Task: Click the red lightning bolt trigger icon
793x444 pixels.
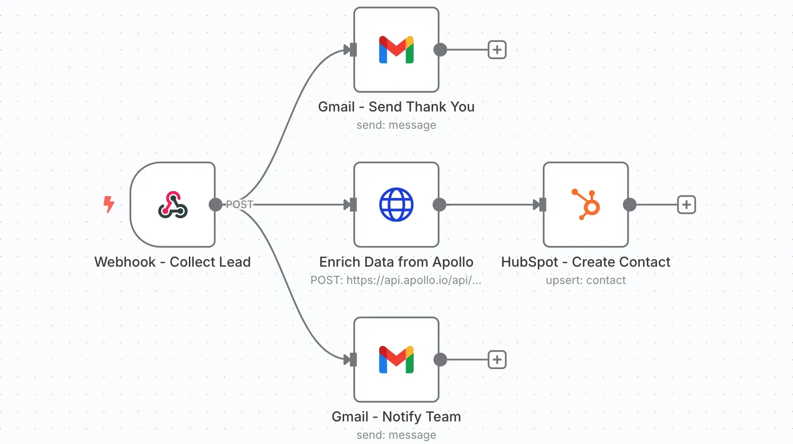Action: (109, 204)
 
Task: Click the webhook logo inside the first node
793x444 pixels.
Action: (173, 205)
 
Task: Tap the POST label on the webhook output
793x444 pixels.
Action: (239, 205)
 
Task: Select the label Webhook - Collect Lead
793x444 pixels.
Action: (173, 262)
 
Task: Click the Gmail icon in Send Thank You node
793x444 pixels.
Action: (396, 49)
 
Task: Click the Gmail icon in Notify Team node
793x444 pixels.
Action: (396, 359)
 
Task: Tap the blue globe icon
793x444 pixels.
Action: (396, 205)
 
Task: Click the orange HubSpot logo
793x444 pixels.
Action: (586, 205)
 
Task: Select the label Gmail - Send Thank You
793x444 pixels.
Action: (396, 107)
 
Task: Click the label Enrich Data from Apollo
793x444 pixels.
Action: (396, 262)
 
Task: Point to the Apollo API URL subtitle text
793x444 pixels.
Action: (396, 280)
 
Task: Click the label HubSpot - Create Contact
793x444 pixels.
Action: (585, 262)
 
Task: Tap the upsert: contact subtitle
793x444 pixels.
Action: (585, 280)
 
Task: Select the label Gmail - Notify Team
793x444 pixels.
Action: (396, 417)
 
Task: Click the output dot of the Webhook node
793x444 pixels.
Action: (216, 205)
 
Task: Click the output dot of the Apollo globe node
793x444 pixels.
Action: (439, 205)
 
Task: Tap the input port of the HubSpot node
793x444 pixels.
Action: (542, 205)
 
